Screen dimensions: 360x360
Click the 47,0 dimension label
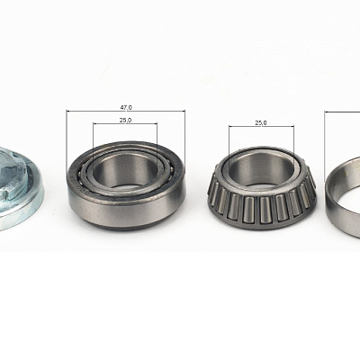click(126, 107)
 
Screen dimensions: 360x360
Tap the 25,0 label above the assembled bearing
click(125, 120)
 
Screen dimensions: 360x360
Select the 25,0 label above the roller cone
click(261, 122)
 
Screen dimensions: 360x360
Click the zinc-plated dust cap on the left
click(22, 188)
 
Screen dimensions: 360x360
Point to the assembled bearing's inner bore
click(125, 172)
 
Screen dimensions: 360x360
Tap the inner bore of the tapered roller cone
click(261, 170)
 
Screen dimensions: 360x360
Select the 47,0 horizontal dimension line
click(126, 111)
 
